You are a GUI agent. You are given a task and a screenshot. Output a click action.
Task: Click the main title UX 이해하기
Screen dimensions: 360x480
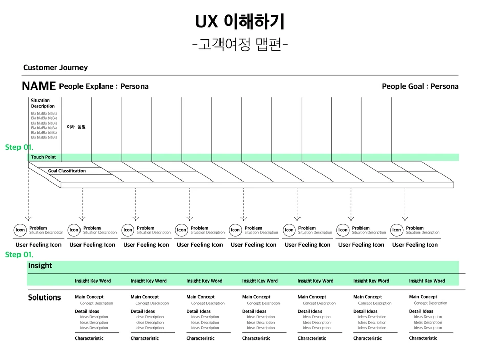coord(239,22)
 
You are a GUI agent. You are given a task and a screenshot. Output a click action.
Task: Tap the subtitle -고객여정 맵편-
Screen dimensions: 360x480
coord(239,45)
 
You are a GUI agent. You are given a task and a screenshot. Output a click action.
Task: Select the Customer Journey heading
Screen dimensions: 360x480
coord(55,68)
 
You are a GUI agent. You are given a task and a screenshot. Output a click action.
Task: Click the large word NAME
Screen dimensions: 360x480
coord(38,86)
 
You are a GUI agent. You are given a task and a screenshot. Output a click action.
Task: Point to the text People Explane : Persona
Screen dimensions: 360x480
coord(104,86)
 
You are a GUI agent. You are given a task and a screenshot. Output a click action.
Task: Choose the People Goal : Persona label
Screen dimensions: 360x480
coord(420,86)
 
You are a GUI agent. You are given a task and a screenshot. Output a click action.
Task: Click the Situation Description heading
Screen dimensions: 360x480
coord(43,103)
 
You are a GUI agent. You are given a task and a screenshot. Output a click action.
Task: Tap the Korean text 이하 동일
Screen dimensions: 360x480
coord(76,127)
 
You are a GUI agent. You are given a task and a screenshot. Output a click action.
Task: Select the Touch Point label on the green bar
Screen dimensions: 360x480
coord(44,157)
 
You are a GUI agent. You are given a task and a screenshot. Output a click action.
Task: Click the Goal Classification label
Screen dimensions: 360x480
coord(67,171)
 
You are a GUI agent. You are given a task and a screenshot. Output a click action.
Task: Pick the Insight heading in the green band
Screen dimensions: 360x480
coord(40,266)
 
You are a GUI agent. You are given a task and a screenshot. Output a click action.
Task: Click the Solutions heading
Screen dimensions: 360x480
coord(44,297)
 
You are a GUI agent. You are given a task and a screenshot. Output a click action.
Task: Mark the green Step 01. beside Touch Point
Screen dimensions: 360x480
coord(19,147)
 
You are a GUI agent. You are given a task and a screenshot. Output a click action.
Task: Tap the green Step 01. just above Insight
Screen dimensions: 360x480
coord(19,255)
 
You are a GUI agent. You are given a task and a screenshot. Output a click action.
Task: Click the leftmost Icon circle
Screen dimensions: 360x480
coord(20,230)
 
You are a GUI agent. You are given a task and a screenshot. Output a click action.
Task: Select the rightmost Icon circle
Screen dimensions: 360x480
coord(396,230)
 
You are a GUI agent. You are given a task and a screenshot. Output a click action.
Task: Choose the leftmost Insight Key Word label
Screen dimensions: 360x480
coord(93,281)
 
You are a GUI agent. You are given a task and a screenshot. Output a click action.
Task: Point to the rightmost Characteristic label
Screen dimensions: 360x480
coord(423,338)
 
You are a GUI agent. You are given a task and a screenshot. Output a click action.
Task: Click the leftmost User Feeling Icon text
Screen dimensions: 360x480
coord(38,245)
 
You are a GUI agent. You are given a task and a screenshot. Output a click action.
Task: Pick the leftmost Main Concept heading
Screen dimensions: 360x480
coord(89,297)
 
